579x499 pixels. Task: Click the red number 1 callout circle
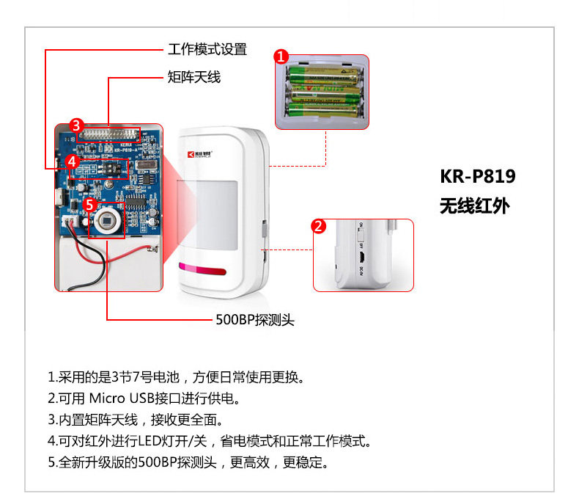[281, 56]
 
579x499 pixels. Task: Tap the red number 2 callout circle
[319, 226]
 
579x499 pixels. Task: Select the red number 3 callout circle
[77, 125]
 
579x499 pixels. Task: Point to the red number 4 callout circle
[72, 161]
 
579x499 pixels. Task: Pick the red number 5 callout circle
[89, 205]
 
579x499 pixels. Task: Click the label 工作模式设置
[207, 50]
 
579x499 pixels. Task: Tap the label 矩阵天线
[194, 77]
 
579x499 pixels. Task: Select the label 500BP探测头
[254, 320]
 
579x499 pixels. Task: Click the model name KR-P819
[478, 177]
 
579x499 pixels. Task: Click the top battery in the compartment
[322, 74]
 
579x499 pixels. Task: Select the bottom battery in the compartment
[322, 110]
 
